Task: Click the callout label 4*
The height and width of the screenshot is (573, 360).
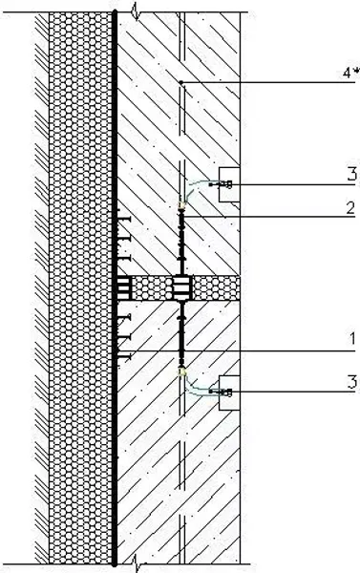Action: [350, 74]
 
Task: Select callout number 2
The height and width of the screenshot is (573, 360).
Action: [350, 208]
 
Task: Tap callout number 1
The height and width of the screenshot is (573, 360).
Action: [352, 339]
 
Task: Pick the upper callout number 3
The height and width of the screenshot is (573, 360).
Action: [351, 175]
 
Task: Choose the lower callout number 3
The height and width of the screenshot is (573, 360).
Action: [351, 382]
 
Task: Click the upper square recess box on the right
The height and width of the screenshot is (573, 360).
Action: [229, 184]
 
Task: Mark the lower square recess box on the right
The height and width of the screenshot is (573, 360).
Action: [229, 393]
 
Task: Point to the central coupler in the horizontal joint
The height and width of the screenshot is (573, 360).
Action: [181, 288]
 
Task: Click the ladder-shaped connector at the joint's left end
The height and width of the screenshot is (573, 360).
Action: [123, 288]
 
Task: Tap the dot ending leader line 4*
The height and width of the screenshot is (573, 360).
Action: [181, 83]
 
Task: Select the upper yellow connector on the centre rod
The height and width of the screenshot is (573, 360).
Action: [181, 205]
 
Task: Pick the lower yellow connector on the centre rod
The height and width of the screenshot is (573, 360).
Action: [181, 371]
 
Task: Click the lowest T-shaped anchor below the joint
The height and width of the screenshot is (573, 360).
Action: [124, 357]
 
